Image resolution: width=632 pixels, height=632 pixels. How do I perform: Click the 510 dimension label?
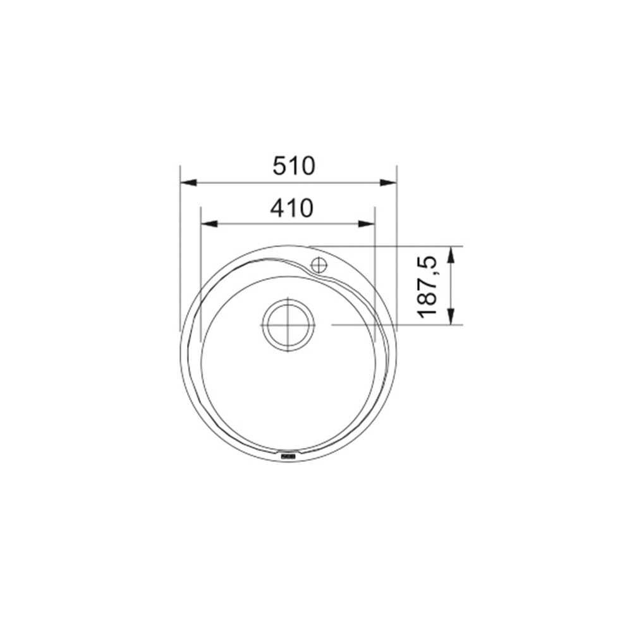[293, 166]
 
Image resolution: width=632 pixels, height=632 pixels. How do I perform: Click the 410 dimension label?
[291, 208]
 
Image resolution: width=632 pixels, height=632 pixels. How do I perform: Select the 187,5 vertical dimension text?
[428, 286]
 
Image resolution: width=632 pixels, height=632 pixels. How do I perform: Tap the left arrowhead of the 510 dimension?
[188, 183]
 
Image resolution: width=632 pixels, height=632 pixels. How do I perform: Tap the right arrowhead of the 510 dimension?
[389, 183]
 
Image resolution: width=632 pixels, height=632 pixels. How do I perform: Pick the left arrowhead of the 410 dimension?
[209, 224]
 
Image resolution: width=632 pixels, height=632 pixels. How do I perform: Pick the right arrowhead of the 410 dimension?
[367, 224]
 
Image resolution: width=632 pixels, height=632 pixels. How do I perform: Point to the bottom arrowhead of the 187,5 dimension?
[451, 316]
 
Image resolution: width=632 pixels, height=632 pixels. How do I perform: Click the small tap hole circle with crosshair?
[319, 265]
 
